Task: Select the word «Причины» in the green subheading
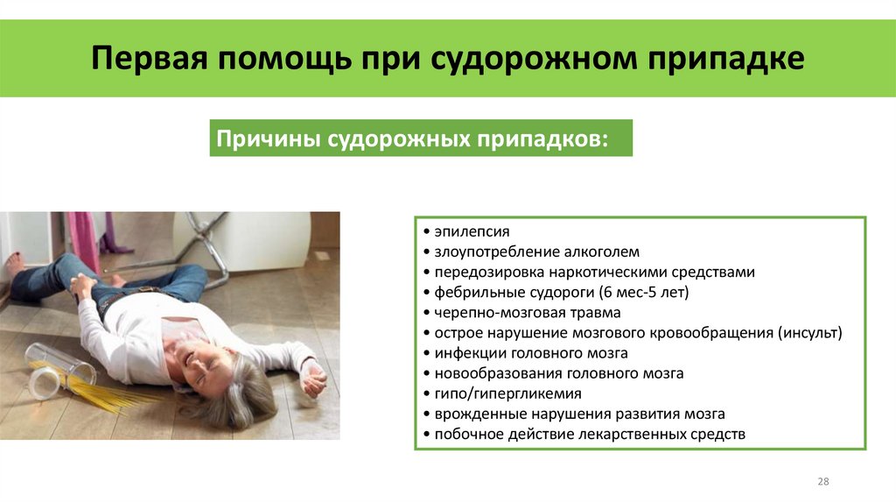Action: click(x=266, y=139)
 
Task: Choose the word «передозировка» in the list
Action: click(x=479, y=273)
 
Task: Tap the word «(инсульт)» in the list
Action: click(x=809, y=333)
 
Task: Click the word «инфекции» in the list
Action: click(x=464, y=353)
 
